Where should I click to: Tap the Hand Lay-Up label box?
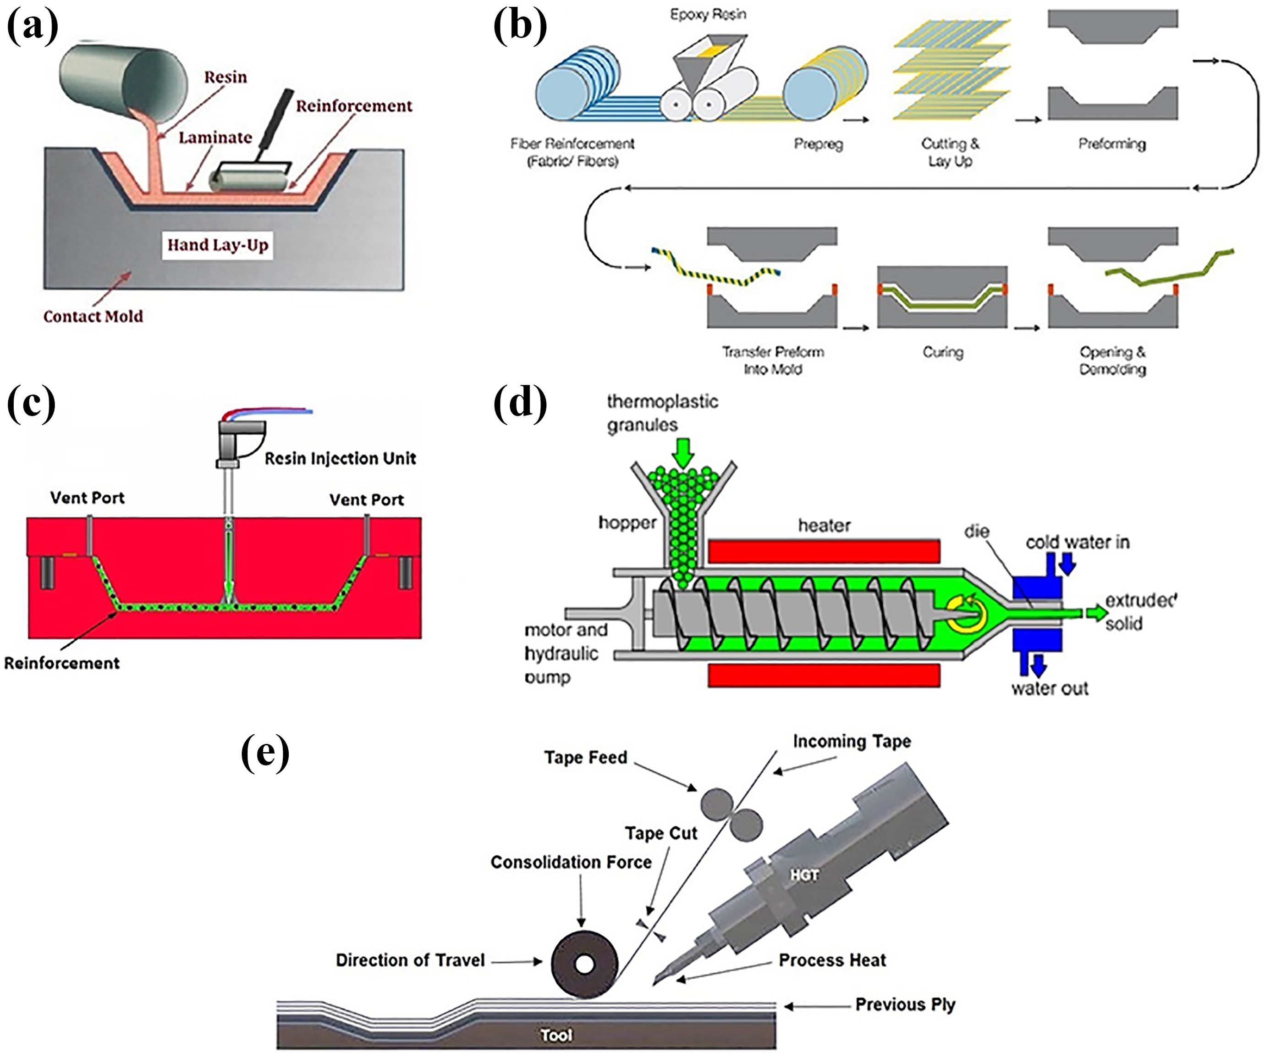217,245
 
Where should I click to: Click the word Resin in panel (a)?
225,77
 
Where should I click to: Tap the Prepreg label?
818,144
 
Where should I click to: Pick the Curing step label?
943,352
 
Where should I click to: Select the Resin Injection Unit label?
341,459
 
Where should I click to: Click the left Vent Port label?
88,498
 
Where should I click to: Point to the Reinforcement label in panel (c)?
61,663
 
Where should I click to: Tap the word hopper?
627,522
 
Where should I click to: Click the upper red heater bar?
824,550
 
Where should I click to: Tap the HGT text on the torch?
804,875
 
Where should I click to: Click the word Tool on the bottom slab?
556,1035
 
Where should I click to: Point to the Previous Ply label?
905,1005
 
